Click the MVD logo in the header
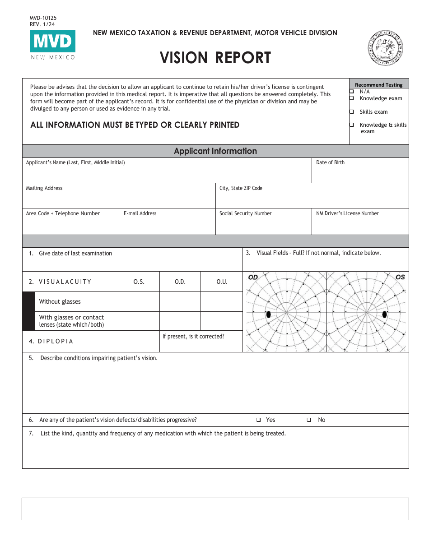(x=53, y=42)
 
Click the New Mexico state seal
(x=385, y=49)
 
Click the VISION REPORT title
(x=215, y=58)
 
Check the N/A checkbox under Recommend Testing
(x=352, y=92)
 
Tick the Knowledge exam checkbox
(x=352, y=98)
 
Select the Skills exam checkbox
(x=352, y=112)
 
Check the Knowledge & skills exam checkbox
(x=352, y=125)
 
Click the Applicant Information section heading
(x=215, y=151)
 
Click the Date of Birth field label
(x=330, y=162)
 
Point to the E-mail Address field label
(x=140, y=213)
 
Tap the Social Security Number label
(x=246, y=213)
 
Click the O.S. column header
(x=139, y=282)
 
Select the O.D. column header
(x=180, y=282)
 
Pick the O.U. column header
(x=222, y=282)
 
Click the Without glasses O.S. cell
(x=139, y=301)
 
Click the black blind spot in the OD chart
(x=268, y=314)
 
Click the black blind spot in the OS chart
(x=385, y=314)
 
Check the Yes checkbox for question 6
(x=259, y=420)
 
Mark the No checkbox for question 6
(x=309, y=420)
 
